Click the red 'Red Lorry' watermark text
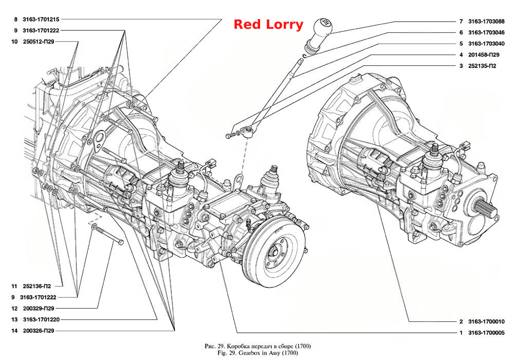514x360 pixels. coord(268,25)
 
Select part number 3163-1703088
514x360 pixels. coord(486,21)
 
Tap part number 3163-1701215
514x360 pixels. coord(41,20)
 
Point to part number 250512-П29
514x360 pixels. coord(39,42)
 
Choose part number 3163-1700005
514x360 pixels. coord(486,333)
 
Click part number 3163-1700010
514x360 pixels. coord(486,321)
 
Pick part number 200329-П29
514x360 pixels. coord(39,309)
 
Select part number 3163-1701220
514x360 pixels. coord(41,319)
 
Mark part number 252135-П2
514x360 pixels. coord(482,66)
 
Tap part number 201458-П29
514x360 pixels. coord(484,55)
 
